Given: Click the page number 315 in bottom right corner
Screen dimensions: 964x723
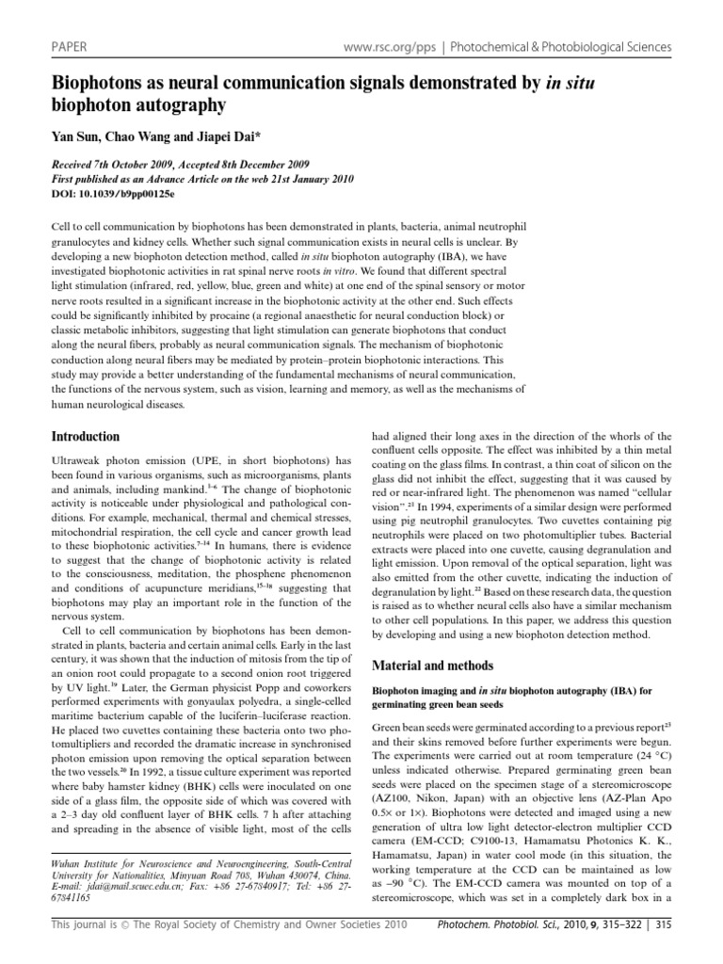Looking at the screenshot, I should (663, 945).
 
